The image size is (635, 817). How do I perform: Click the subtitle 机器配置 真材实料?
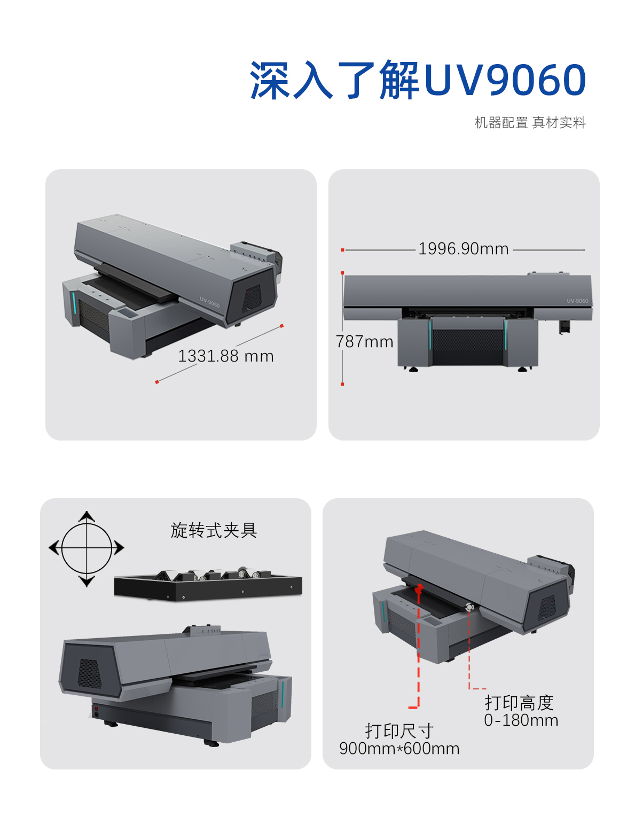click(530, 123)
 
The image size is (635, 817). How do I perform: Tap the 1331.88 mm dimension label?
click(225, 356)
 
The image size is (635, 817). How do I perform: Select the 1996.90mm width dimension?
click(463, 249)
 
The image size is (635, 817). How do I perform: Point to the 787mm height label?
click(365, 342)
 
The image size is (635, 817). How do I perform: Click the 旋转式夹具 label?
click(214, 530)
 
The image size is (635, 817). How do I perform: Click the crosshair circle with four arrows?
click(87, 548)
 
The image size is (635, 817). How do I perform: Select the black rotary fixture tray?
click(208, 585)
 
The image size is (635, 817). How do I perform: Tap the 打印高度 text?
click(519, 702)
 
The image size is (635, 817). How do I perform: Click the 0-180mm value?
click(521, 720)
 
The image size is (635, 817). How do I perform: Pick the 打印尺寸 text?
click(399, 731)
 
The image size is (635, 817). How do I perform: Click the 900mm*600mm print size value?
click(399, 749)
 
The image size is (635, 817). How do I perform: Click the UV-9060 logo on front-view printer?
click(577, 301)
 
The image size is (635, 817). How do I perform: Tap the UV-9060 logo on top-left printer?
click(210, 303)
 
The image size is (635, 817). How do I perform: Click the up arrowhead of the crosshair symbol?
click(87, 516)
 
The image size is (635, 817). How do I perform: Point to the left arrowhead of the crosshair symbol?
click(53, 548)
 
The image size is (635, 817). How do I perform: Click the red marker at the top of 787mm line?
click(342, 273)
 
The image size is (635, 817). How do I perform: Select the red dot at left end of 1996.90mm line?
click(342, 249)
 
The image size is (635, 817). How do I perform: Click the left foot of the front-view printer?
click(413, 369)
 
